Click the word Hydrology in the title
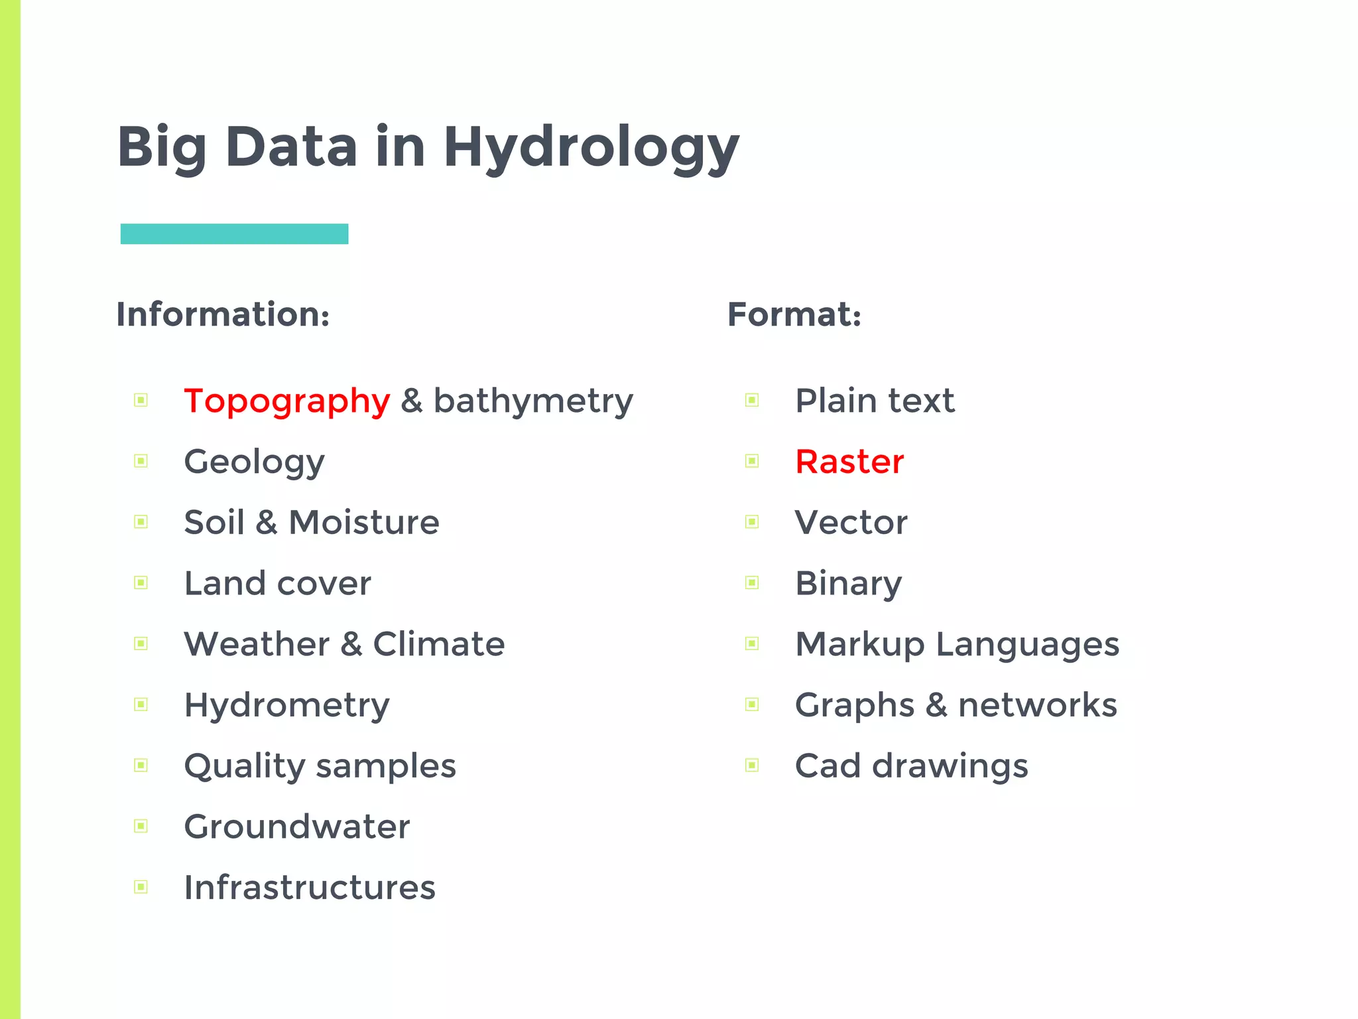coord(591,147)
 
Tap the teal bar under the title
coord(234,234)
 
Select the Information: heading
coord(223,314)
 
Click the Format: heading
coord(794,314)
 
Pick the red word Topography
coord(286,401)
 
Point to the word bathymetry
coord(533,401)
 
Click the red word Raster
coord(849,462)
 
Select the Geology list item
coord(254,462)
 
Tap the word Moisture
coord(364,522)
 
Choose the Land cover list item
coord(277,583)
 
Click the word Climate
coord(438,644)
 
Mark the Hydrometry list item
coord(286,705)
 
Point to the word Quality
coord(244,766)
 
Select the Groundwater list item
coord(296,827)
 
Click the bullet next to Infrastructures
coord(141,887)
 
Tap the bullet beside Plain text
coord(752,400)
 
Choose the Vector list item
coord(851,522)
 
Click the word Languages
coord(1027,645)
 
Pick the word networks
coord(1038,705)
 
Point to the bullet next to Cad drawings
coord(752,766)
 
